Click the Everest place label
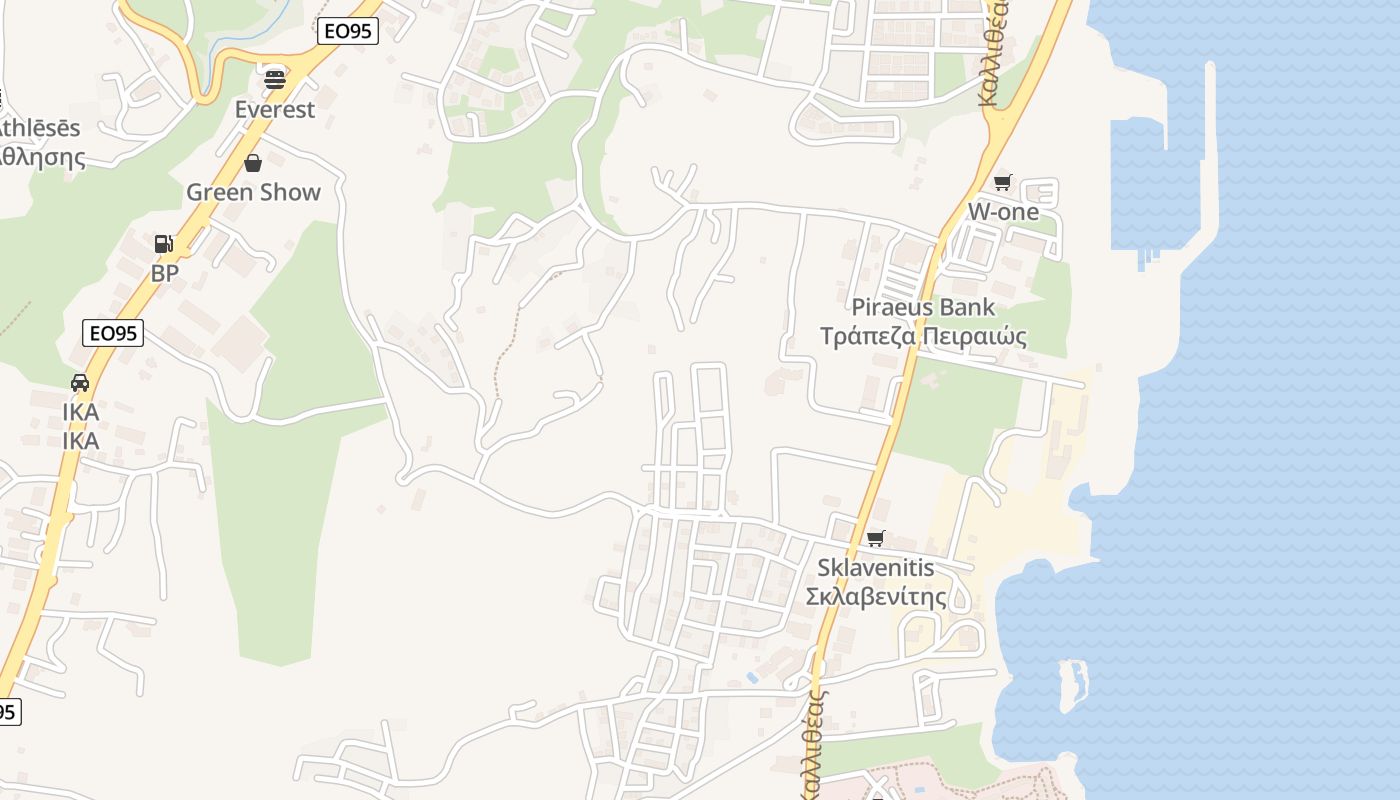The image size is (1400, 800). (x=274, y=109)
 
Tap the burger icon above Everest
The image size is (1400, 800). (x=274, y=78)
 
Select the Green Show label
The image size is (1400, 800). (x=253, y=192)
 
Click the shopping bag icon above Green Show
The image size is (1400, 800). (x=253, y=162)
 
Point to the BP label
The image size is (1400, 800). (x=164, y=273)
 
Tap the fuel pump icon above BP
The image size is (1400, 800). (x=163, y=243)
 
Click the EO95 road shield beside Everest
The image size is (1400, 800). (x=348, y=31)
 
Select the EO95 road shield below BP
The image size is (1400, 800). (x=112, y=333)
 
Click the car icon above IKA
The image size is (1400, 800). (x=80, y=382)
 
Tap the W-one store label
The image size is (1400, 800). (x=1002, y=212)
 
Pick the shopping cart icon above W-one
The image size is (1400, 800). (x=1002, y=182)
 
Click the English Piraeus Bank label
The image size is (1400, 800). (x=923, y=307)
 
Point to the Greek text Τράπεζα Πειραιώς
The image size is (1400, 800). (x=923, y=336)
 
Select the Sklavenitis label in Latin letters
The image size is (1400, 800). (x=876, y=568)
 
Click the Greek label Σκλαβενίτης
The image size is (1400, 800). (x=876, y=597)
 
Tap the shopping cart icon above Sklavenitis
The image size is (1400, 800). (x=876, y=538)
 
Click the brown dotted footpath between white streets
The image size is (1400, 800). (x=505, y=350)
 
